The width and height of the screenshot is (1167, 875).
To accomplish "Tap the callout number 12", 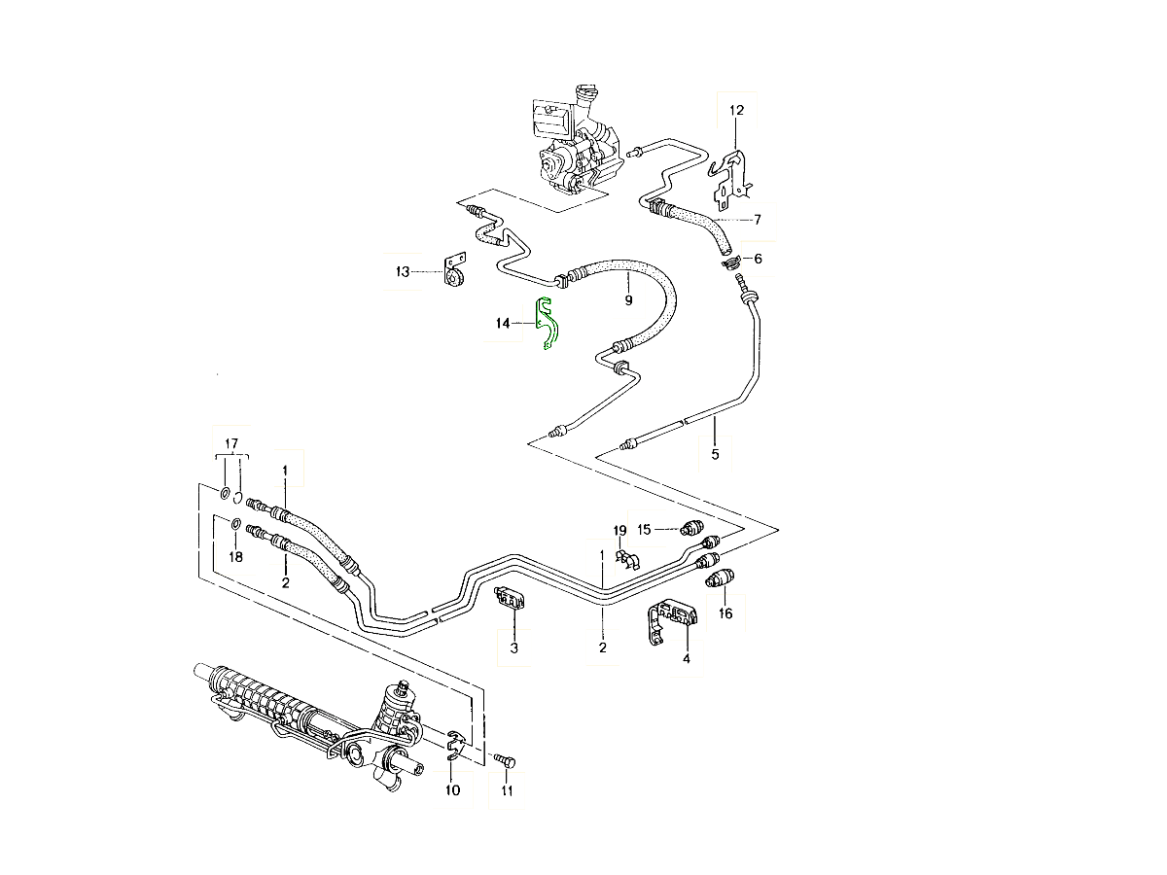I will pyautogui.click(x=736, y=111).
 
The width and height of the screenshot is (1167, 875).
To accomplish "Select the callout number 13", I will pyautogui.click(x=403, y=272).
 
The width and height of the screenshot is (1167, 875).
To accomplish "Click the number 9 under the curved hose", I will pyautogui.click(x=628, y=299).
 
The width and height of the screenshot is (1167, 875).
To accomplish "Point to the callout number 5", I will pyautogui.click(x=715, y=453).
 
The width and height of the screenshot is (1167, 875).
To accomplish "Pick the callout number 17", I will pyautogui.click(x=230, y=444).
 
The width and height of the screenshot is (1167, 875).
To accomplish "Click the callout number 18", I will pyautogui.click(x=234, y=556).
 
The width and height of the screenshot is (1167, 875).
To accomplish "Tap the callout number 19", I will pyautogui.click(x=620, y=531).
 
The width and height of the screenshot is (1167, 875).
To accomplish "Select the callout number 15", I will pyautogui.click(x=644, y=529).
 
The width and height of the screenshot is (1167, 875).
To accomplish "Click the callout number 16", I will pyautogui.click(x=725, y=613).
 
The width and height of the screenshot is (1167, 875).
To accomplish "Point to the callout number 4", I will pyautogui.click(x=686, y=658).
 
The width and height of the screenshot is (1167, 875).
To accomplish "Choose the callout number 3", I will pyautogui.click(x=514, y=647).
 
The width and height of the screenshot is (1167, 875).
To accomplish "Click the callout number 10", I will pyautogui.click(x=452, y=790).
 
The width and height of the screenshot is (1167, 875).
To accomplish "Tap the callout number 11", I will pyautogui.click(x=506, y=790).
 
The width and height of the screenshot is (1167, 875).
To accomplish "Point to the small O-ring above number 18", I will pyautogui.click(x=234, y=526).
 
